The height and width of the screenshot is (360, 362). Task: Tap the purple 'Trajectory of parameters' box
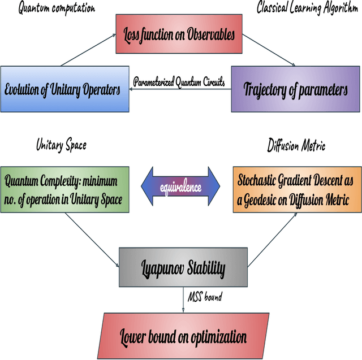pos(295,89)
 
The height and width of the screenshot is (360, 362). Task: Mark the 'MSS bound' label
pos(205,296)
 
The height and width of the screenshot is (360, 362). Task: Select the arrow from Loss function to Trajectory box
pos(270,49)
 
